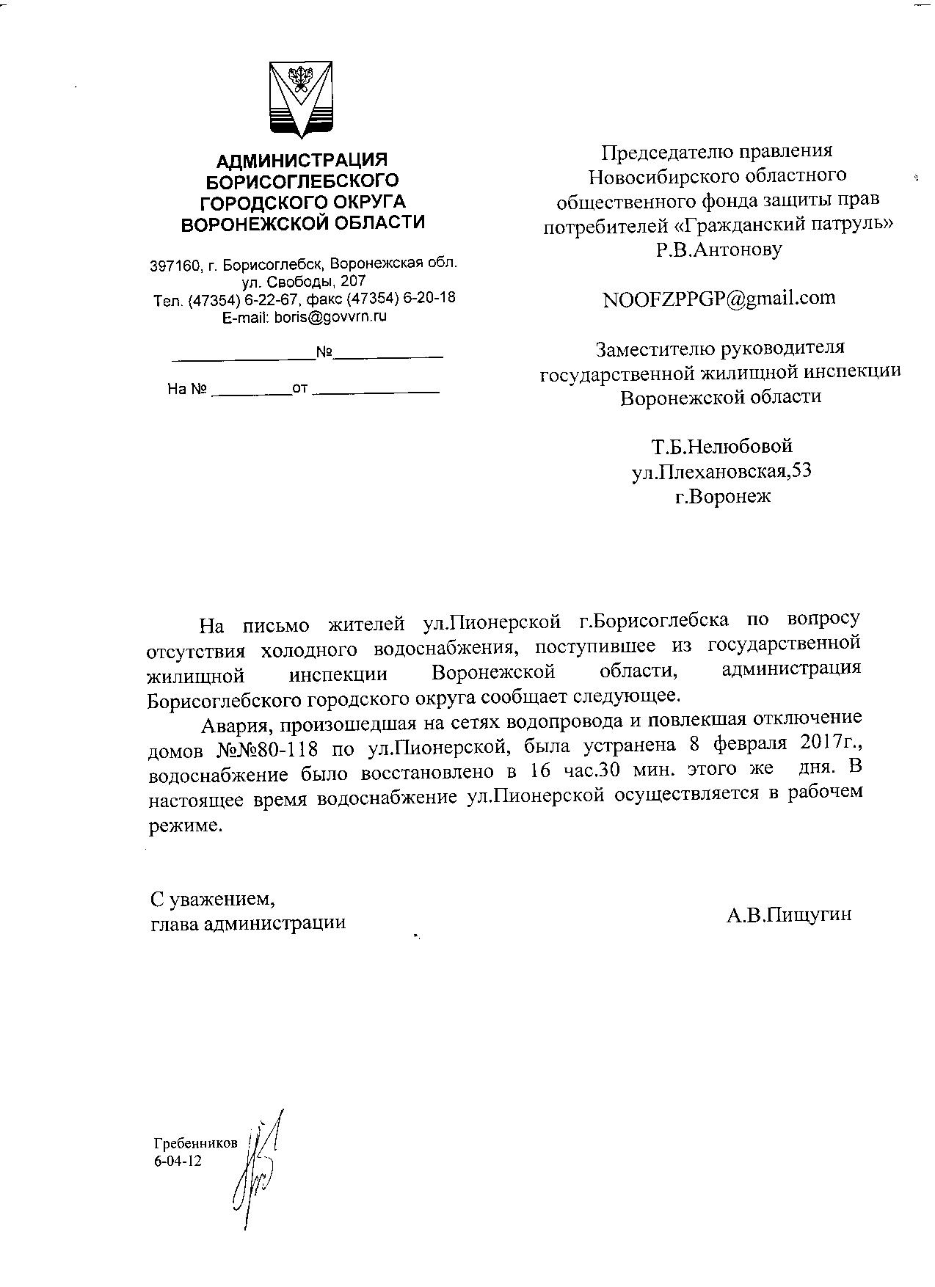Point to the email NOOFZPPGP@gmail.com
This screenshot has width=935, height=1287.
718,298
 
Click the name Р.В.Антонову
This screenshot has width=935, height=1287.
718,249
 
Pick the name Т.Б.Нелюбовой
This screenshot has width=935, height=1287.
721,446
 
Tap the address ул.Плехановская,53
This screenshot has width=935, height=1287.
721,471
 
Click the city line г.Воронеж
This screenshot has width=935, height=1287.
723,496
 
